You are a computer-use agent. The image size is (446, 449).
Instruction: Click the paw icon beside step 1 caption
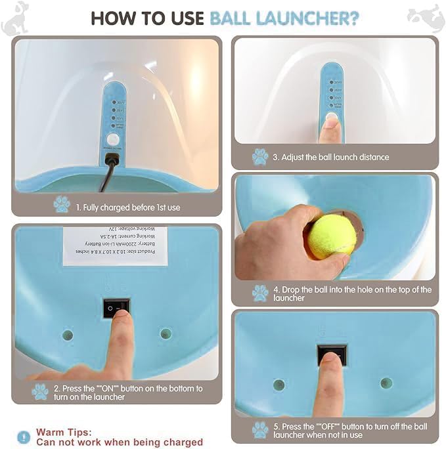pyautogui.click(x=62, y=204)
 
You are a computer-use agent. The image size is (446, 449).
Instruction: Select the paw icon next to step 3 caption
pyautogui.click(x=260, y=157)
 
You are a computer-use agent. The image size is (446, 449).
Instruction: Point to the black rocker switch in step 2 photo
pyautogui.click(x=116, y=307)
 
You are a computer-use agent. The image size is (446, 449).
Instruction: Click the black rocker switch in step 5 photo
pyautogui.click(x=331, y=355)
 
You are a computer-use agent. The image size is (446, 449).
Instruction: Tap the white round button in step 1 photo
pyautogui.click(x=114, y=139)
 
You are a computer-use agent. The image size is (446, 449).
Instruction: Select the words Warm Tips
pyautogui.click(x=64, y=432)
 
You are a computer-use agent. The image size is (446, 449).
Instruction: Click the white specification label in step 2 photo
pyautogui.click(x=115, y=246)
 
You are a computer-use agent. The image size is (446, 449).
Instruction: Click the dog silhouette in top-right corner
pyautogui.click(x=426, y=18)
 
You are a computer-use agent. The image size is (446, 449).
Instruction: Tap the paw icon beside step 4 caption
pyautogui.click(x=260, y=293)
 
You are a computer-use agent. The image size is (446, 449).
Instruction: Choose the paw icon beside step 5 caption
pyautogui.click(x=260, y=429)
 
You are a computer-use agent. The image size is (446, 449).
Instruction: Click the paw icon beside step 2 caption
pyautogui.click(x=40, y=392)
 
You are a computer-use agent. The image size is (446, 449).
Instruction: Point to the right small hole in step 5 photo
pyautogui.click(x=386, y=383)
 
